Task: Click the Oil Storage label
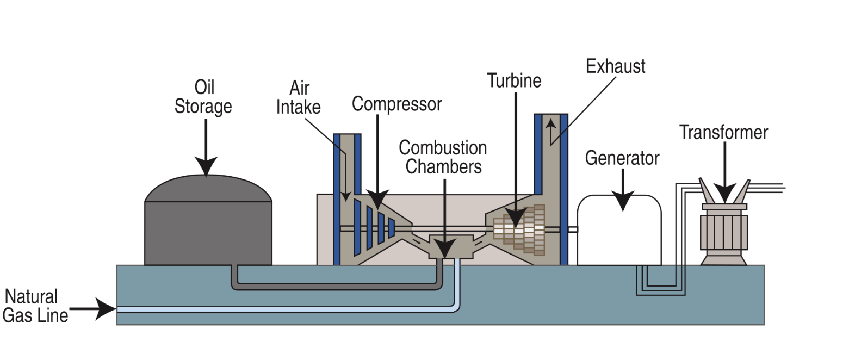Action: [203, 97]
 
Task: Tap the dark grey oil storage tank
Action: [208, 228]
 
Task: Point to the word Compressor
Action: [396, 104]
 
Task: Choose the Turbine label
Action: [514, 80]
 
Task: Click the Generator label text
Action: [622, 158]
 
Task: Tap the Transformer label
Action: [723, 132]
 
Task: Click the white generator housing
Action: [619, 234]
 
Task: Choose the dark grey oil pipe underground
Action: [337, 286]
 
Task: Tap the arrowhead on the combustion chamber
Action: [445, 250]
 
